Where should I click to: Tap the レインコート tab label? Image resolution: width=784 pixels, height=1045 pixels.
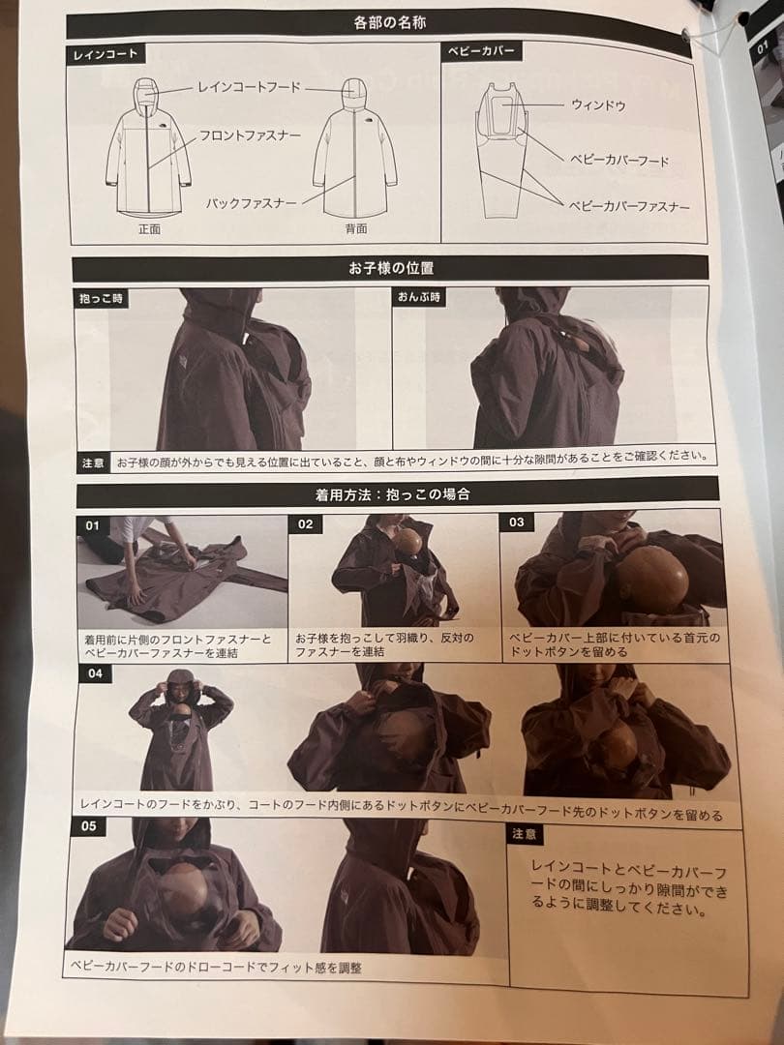(x=106, y=54)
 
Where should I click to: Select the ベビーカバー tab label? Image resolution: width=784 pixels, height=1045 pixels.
(x=481, y=51)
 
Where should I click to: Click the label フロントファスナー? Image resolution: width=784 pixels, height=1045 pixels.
(x=250, y=136)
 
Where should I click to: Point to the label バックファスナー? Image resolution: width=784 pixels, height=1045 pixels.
(x=251, y=202)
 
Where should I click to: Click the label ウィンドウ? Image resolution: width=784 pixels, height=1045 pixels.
(x=597, y=105)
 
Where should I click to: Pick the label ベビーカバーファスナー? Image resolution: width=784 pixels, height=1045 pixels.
(x=629, y=207)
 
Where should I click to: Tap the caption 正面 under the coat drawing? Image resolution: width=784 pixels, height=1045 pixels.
(x=149, y=228)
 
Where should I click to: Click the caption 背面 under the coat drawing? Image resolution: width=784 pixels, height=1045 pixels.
(x=356, y=228)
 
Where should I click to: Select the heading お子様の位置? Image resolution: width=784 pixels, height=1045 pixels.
(x=391, y=268)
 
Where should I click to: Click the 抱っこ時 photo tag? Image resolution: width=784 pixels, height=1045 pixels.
(x=102, y=299)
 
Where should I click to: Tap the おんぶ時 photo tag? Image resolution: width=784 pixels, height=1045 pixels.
(x=419, y=297)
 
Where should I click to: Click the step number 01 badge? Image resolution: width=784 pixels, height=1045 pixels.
(x=92, y=525)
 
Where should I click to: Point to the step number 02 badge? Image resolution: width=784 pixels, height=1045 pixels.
(x=305, y=523)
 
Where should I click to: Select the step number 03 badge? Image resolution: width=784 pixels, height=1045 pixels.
(x=517, y=522)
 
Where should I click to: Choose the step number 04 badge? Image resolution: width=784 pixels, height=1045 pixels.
(x=95, y=673)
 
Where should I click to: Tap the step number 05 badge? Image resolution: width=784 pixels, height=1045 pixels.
(x=89, y=826)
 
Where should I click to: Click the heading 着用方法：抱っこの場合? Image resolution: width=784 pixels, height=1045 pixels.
(x=393, y=494)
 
